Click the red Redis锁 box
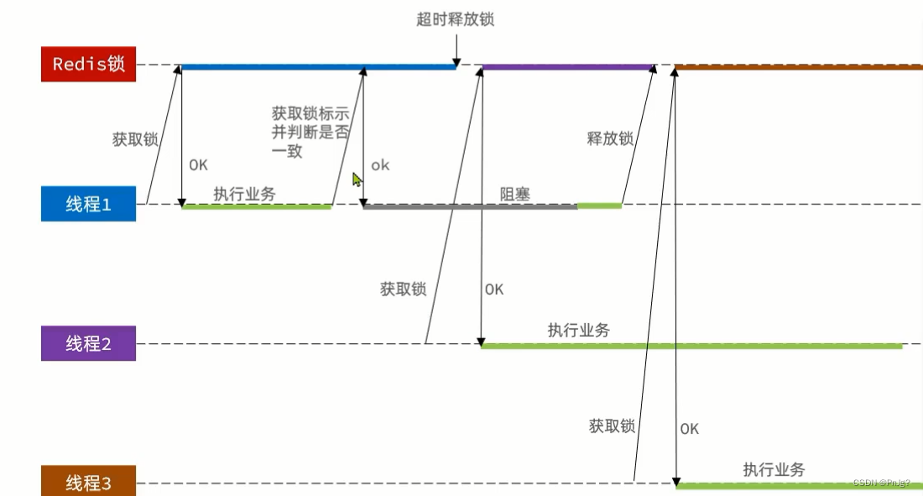[88, 65]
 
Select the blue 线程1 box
[88, 204]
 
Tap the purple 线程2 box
[88, 343]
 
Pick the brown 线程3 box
[88, 483]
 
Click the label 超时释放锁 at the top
[455, 19]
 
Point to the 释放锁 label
[610, 138]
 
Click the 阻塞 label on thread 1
[515, 194]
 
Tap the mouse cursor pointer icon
[357, 180]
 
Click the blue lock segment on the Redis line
[319, 66]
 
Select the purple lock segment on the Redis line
[568, 66]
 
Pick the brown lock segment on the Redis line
[797, 66]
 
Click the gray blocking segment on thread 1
[470, 206]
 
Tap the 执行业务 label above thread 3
[774, 470]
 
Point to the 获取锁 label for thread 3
[612, 426]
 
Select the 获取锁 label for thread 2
[403, 290]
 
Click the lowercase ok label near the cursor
[380, 165]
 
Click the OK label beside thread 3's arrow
[689, 429]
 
